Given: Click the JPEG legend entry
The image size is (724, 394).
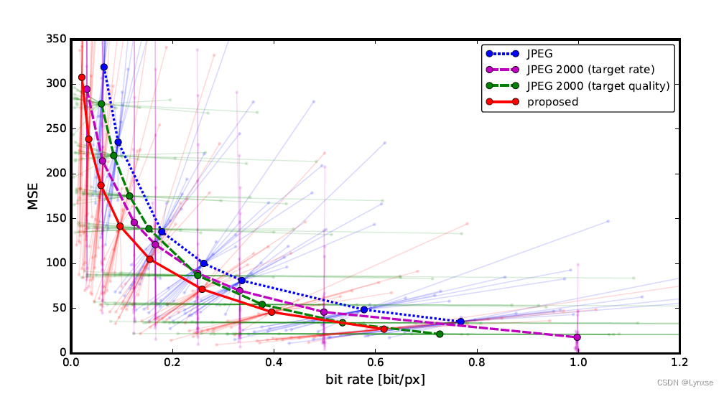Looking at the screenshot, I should (539, 53).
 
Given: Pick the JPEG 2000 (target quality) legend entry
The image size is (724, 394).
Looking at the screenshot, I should (598, 85).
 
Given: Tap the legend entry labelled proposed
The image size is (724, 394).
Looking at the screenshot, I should (552, 102).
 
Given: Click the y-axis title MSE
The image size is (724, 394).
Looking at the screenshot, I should (33, 196).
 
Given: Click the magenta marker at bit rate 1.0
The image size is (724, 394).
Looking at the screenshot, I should (577, 337).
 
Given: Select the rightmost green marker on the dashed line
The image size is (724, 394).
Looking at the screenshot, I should (440, 334).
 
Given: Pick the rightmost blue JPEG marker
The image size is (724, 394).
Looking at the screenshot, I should (460, 322).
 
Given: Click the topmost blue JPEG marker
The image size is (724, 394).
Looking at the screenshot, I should (103, 67).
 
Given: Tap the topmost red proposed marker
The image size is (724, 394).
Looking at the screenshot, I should (82, 77).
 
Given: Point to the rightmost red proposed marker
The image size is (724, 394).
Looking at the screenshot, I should (384, 329).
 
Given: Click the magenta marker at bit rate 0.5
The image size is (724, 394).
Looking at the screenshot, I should (324, 312).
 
